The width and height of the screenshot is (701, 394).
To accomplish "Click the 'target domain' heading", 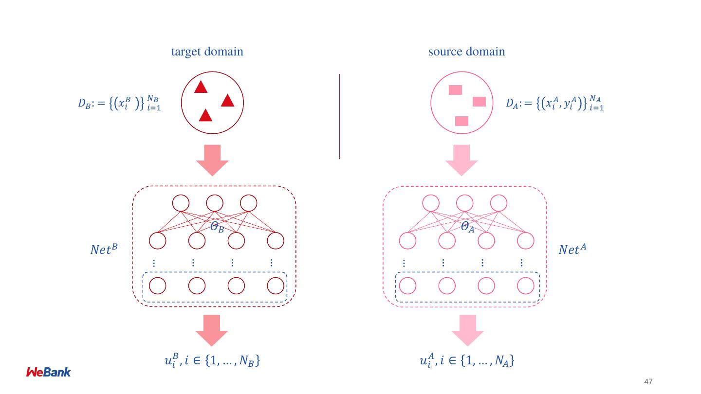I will [x=207, y=52].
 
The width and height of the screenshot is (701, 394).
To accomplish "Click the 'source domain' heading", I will [x=466, y=52].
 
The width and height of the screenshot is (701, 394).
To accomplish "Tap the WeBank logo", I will [x=48, y=372].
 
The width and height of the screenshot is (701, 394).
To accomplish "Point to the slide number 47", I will [x=648, y=382].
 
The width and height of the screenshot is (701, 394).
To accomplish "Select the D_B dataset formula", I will [x=119, y=103].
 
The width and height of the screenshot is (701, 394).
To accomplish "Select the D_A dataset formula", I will [x=554, y=103].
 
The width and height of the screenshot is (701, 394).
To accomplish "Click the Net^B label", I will [x=104, y=250].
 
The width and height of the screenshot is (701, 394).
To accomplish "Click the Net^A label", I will [x=572, y=250].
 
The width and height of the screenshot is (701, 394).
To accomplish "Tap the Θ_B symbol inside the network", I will [x=217, y=227].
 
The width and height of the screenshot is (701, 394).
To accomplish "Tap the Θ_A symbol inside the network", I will [x=467, y=227].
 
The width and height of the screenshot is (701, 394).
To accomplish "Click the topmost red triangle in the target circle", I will [x=201, y=88].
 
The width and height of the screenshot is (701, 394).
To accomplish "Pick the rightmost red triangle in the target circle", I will [x=228, y=101].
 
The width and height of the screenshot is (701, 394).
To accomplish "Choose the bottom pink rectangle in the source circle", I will [x=461, y=121].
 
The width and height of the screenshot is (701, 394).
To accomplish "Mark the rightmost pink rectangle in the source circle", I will [x=479, y=102].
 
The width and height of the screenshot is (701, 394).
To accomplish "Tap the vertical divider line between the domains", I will [x=339, y=117].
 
